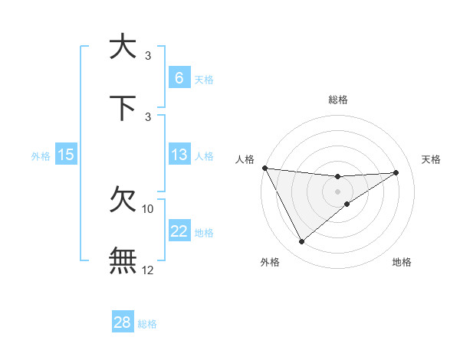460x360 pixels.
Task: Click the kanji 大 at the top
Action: [x=123, y=47]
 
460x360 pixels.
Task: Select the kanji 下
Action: [x=123, y=108]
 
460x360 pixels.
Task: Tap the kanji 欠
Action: [x=123, y=201]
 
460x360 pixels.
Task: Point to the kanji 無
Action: [x=123, y=260]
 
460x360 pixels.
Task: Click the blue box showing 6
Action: [x=179, y=77]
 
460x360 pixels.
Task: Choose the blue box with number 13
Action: [x=179, y=155]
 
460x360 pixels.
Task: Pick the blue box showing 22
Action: [x=179, y=231]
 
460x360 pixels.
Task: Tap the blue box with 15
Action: [x=66, y=155]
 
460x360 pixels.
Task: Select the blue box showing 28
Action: [x=122, y=322]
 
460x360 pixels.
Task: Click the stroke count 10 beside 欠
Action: [x=148, y=208]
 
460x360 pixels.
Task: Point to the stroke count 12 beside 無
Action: [x=148, y=270]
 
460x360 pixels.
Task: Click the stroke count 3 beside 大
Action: [x=148, y=56]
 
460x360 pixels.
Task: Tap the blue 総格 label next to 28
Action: [x=147, y=324]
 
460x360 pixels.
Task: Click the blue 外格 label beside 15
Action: [x=41, y=156]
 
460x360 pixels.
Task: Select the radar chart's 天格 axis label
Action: [x=432, y=159]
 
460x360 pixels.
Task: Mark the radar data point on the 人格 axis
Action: [x=264, y=168]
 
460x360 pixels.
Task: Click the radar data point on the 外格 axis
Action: [x=301, y=242]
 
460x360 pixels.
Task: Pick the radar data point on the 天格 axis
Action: [x=396, y=172]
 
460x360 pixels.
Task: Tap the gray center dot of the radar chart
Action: [x=337, y=191]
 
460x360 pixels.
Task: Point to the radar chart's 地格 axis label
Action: [x=402, y=263]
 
